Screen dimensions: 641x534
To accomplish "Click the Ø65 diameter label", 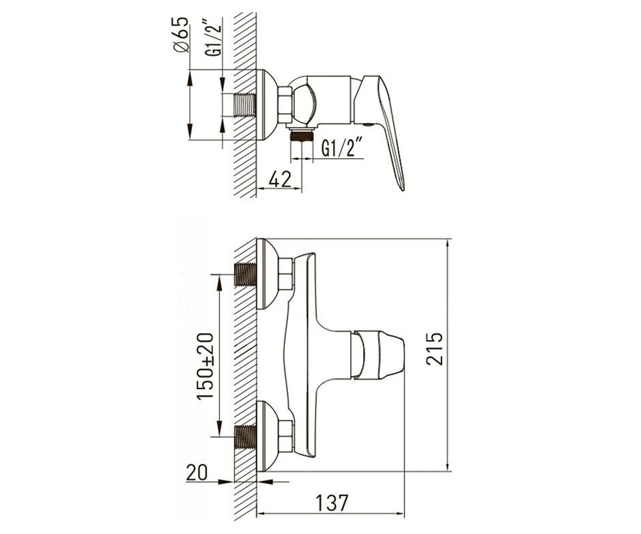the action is click(181, 35).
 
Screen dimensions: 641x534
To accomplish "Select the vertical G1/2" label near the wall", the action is click(214, 37).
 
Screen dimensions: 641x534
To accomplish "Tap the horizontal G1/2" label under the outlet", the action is click(342, 147).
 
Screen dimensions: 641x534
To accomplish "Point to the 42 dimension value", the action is click(280, 179).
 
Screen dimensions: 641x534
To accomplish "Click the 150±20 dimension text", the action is click(205, 366).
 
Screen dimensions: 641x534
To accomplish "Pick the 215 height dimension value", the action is click(434, 349).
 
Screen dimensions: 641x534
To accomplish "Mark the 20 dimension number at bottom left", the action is click(197, 473).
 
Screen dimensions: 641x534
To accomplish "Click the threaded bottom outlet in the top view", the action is click(301, 135).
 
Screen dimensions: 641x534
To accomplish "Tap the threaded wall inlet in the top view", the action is click(245, 105).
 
